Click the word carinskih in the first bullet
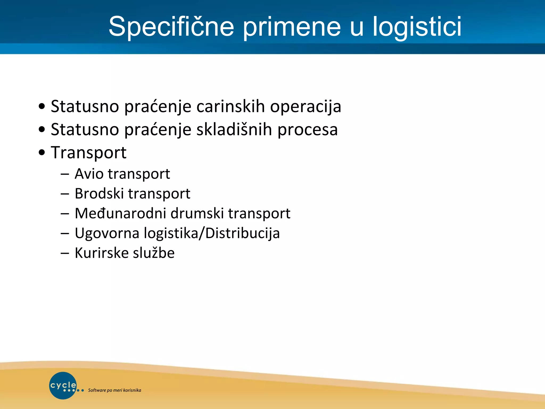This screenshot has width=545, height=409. coord(230,107)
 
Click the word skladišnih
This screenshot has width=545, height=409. coord(234,130)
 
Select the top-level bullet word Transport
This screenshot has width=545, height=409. coord(89,153)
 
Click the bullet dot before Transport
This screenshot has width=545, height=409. coord(42,153)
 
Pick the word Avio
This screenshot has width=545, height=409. coord(89,174)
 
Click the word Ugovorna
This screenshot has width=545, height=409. coord(107,233)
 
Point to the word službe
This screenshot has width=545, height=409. coord(154,253)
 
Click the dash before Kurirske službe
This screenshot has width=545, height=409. coord(65,253)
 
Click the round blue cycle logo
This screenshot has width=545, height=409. coord(63,385)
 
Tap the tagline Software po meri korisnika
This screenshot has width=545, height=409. coord(114,390)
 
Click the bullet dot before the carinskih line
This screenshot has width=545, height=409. coord(42,107)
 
